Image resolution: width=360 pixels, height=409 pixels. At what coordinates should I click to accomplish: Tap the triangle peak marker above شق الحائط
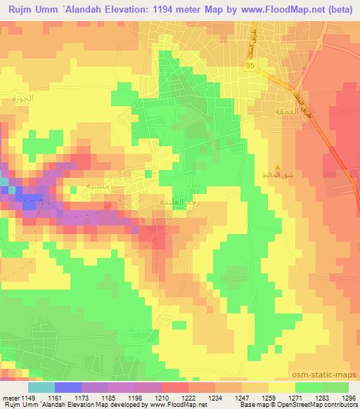tap(278, 168)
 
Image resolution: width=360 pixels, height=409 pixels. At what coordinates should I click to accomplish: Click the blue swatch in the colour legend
tap(67, 387)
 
